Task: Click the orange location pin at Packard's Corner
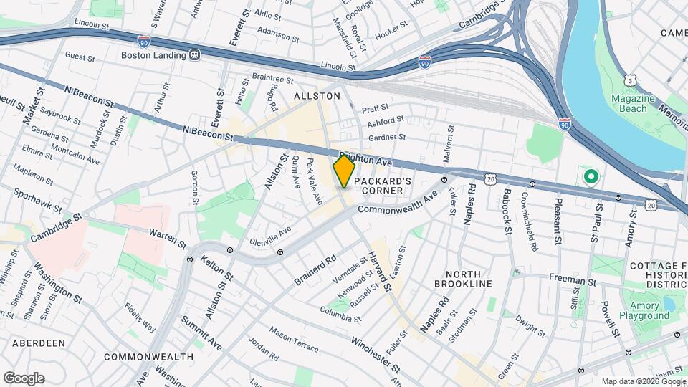[x=344, y=171]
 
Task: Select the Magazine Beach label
[x=629, y=103]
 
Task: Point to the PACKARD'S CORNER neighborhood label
[x=382, y=186]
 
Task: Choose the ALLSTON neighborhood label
[x=317, y=95]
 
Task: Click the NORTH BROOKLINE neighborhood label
[x=468, y=279]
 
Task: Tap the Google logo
[x=24, y=378]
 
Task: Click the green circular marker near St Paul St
[x=591, y=176]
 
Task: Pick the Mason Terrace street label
[x=294, y=338]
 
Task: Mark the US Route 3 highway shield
[x=630, y=77]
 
